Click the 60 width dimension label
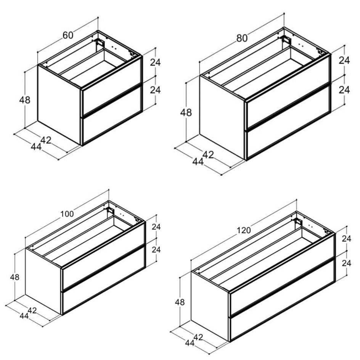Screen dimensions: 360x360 [68, 35]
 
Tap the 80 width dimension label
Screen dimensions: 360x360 [242, 38]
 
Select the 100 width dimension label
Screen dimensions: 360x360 [67, 214]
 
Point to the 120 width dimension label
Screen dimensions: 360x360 [244, 230]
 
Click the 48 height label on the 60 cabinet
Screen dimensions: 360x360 [25, 100]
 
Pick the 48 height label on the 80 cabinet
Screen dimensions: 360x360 [186, 113]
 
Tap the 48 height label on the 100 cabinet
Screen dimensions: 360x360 [15, 277]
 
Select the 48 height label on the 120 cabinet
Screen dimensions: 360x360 [180, 302]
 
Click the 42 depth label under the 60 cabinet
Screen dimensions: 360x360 [46, 140]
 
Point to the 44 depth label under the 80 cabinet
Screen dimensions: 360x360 [198, 162]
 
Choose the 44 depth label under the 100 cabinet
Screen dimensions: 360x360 [24, 316]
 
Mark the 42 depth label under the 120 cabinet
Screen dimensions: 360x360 [198, 337]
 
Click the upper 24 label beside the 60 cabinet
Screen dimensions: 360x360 [156, 63]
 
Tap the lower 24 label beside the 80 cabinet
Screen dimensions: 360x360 [344, 90]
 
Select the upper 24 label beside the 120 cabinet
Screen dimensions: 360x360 [346, 239]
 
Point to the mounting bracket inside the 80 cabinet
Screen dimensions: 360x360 [287, 40]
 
